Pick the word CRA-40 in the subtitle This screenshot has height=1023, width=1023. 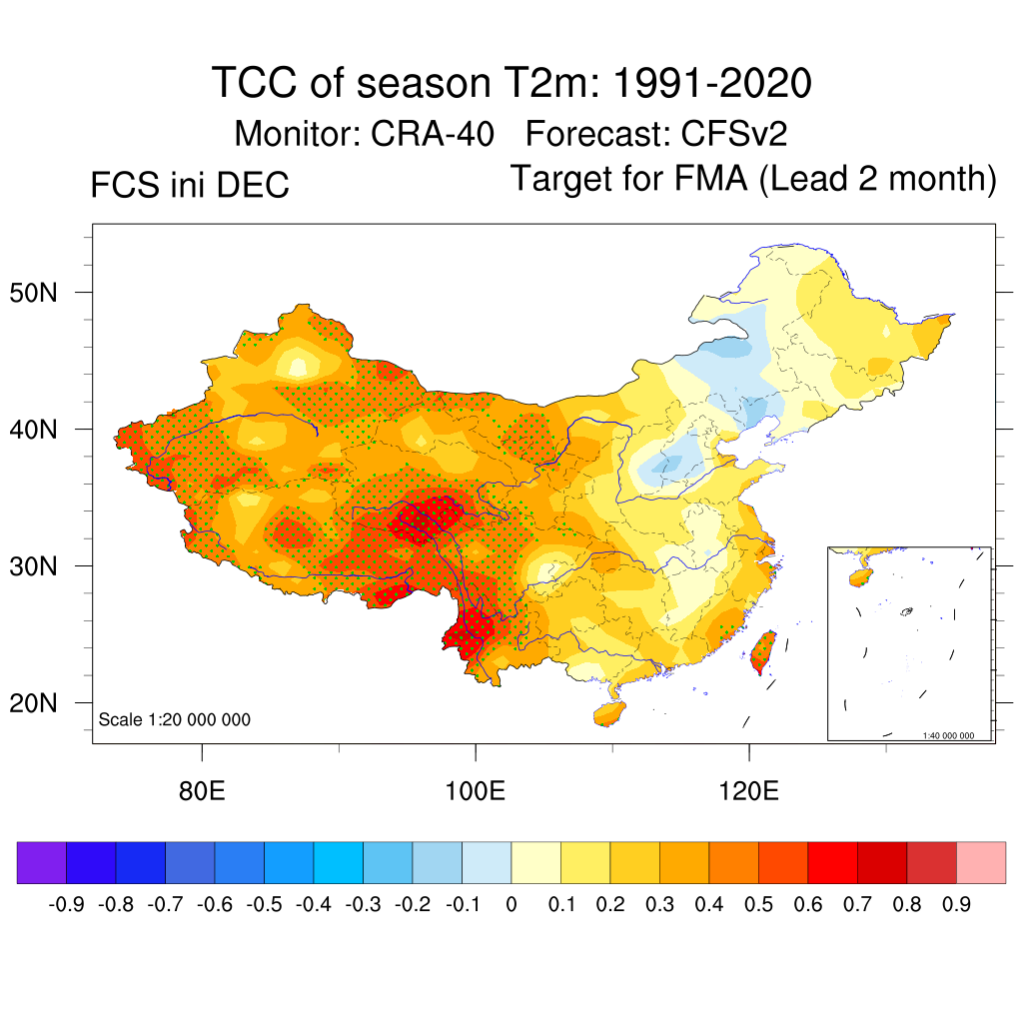433,133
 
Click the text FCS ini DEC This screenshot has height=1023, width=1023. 190,185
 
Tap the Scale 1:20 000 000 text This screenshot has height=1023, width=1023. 175,719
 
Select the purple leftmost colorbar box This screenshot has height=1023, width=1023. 42,863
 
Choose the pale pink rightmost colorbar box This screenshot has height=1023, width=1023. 981,863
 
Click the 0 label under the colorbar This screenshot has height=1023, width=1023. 511,905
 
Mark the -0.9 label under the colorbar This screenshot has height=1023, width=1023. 66,905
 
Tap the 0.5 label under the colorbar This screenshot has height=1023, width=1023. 758,905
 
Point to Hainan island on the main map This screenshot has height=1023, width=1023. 608,713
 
